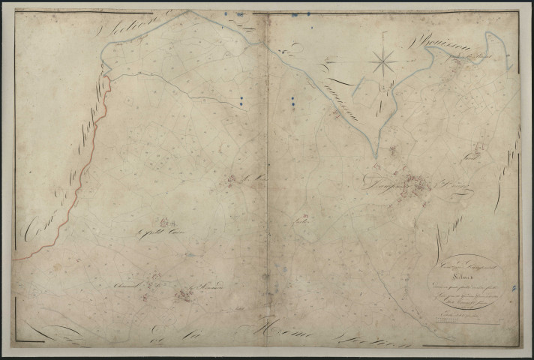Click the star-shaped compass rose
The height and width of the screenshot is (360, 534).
(x=383, y=61)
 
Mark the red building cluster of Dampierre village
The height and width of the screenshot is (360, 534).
(x=414, y=186)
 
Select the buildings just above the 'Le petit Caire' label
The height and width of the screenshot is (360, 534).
(x=163, y=220)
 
